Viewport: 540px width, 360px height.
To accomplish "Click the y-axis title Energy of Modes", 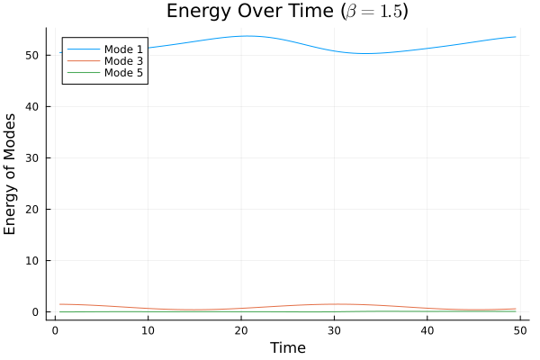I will (x=11, y=174).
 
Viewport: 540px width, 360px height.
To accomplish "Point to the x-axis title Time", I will (x=288, y=348).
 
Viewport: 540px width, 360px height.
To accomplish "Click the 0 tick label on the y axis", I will (x=37, y=312).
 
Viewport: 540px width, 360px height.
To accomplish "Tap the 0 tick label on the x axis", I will (x=55, y=329).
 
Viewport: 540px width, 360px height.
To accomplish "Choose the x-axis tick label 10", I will (x=148, y=329).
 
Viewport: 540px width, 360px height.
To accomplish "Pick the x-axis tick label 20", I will (x=241, y=329).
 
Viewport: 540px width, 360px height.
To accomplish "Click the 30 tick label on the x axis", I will (x=335, y=329).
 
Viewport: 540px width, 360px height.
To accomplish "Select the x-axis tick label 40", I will (x=427, y=329).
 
